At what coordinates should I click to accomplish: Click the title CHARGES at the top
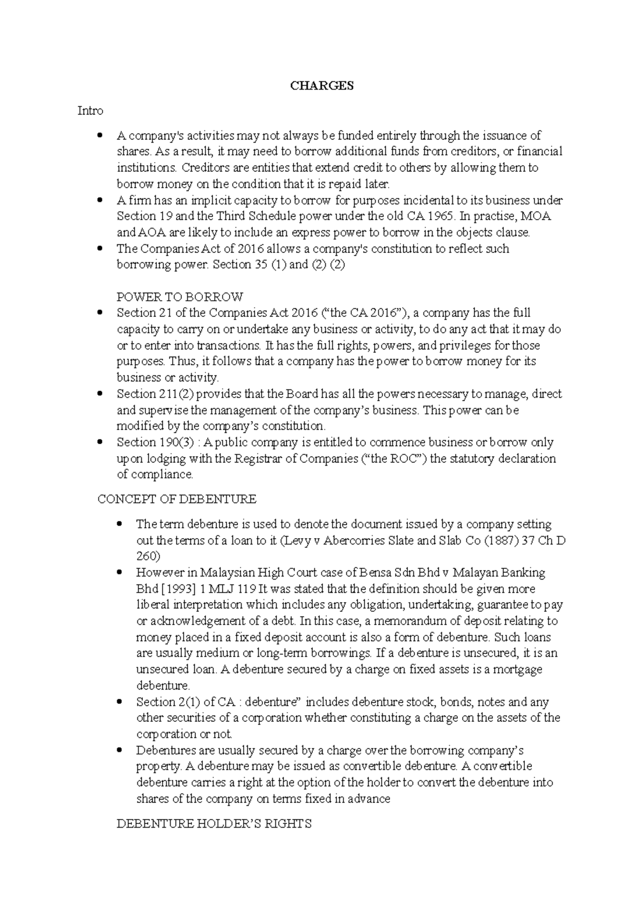tap(321, 86)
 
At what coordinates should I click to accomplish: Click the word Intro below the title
tap(90, 111)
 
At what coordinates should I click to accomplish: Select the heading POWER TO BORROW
tap(180, 297)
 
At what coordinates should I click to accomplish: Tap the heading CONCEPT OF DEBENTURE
tap(177, 499)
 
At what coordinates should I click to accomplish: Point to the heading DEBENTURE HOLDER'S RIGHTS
tap(214, 824)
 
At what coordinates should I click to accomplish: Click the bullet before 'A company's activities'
tap(99, 136)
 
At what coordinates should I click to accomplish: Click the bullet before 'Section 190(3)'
tap(99, 443)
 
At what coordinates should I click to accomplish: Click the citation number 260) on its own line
tap(148, 556)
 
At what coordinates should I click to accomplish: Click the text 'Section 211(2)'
tap(155, 394)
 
